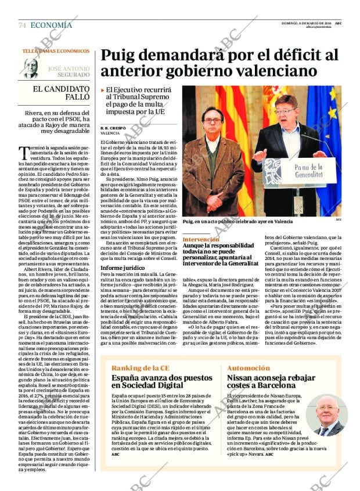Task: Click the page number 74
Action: point(22,25)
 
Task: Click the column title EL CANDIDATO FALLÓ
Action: point(61,93)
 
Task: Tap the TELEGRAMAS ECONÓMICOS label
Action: point(56,51)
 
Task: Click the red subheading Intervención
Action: point(201,239)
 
